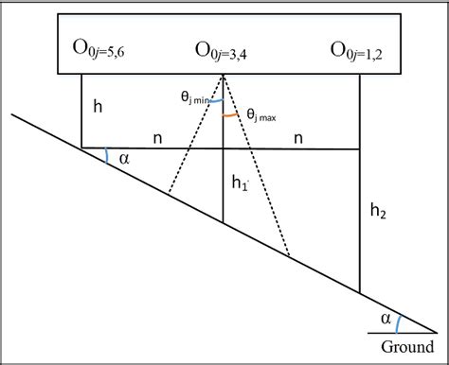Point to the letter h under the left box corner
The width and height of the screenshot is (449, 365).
(x=99, y=107)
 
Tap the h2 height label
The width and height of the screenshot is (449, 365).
(x=378, y=213)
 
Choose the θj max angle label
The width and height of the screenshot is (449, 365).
(x=264, y=115)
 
